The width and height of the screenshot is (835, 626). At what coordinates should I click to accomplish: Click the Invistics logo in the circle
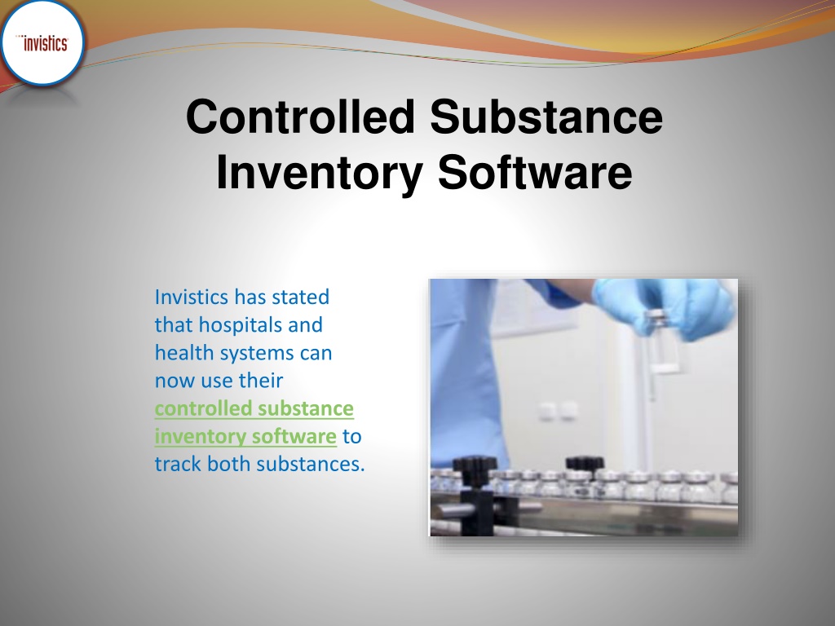coord(45,44)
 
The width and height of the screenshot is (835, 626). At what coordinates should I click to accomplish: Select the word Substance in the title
coord(546,117)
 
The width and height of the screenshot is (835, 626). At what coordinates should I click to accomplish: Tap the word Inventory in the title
coord(320,174)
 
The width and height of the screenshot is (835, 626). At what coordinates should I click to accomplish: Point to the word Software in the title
coord(535,174)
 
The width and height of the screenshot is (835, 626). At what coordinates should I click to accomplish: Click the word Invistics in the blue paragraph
coord(192,297)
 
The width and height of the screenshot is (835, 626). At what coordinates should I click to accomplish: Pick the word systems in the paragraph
coord(247,354)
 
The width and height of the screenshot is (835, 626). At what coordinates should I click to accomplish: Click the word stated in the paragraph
coord(301,297)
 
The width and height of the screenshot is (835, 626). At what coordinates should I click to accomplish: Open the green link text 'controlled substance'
coord(254,408)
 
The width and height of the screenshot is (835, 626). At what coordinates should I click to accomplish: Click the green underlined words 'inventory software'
coord(245,436)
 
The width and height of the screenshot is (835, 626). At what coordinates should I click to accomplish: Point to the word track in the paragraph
coord(178,464)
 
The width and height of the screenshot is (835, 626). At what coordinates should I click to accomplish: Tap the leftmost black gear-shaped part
coord(474,471)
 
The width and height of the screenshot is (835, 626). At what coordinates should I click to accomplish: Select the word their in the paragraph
coord(260,381)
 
